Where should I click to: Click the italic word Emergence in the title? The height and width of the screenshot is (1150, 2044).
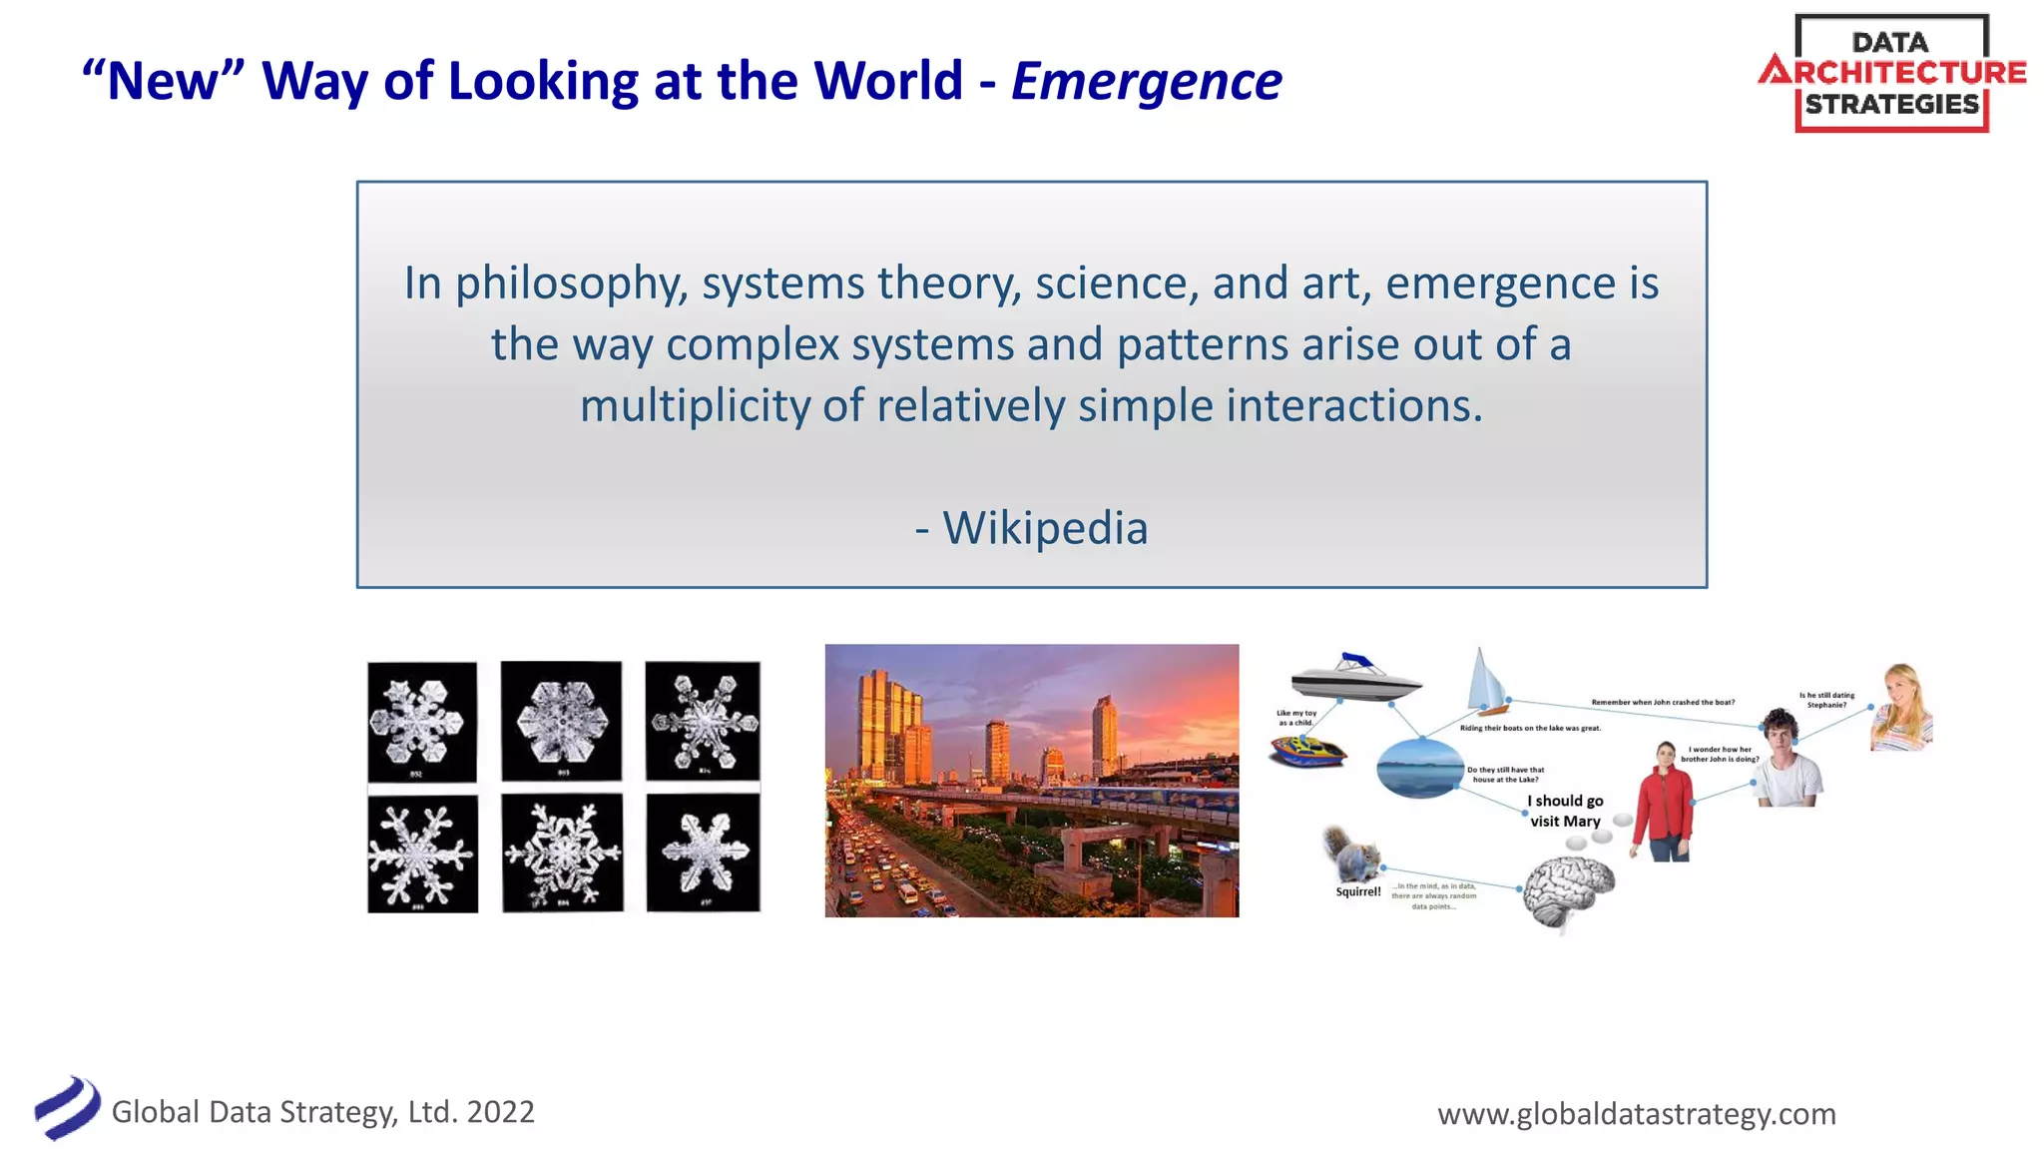point(1146,82)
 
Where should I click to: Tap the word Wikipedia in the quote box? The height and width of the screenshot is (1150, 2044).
point(1045,528)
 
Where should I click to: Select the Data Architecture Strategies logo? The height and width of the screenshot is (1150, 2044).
point(1891,74)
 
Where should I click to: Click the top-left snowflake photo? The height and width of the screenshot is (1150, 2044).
point(421,722)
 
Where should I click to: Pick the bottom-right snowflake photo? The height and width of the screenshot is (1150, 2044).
point(703,853)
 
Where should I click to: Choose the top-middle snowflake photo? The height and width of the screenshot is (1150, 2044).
point(561,720)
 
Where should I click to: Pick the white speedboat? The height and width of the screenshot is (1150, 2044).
point(1354,678)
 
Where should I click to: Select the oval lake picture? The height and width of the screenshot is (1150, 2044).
point(1421,767)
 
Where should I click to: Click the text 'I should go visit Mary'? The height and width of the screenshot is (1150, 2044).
point(1565,811)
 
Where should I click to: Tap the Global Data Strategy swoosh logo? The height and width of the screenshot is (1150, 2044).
point(67,1108)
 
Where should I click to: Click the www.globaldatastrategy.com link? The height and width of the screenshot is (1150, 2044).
point(1636,1113)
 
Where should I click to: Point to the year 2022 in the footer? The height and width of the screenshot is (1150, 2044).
point(500,1112)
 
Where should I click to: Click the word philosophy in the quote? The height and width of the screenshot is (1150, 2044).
point(570,285)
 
